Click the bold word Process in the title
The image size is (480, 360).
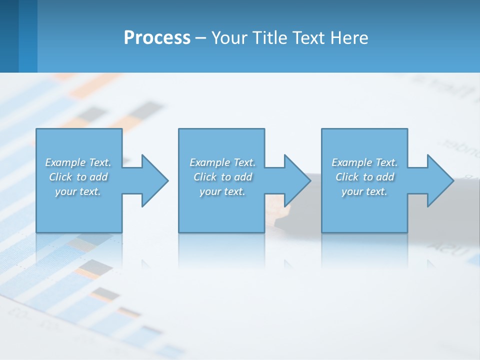[x=157, y=38]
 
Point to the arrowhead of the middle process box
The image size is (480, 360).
[x=296, y=180]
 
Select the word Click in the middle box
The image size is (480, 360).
[x=205, y=177]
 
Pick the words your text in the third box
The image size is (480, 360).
[x=364, y=191]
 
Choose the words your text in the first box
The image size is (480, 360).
[x=78, y=191]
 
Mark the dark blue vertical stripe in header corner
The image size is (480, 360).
[x=9, y=36]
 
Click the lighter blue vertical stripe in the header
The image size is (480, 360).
[x=28, y=36]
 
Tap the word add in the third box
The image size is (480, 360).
[x=385, y=177]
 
